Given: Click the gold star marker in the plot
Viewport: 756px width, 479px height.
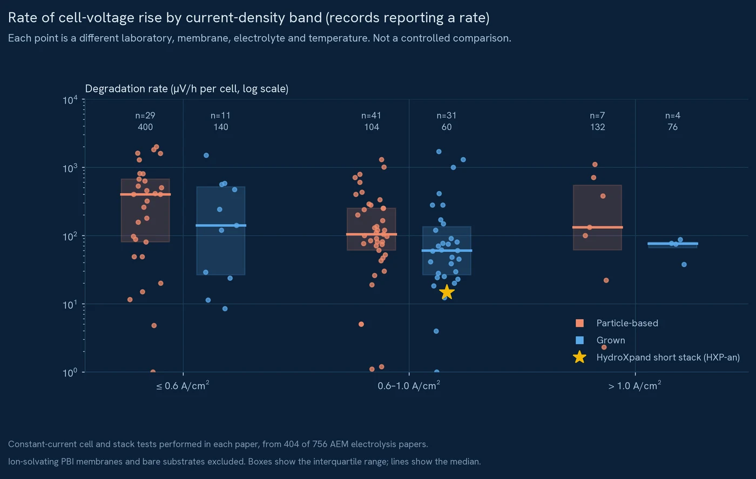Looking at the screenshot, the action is pos(447,292).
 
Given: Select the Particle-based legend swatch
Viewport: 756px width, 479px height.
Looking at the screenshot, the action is pos(579,323).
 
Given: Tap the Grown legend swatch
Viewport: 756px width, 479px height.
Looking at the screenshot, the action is pos(579,340).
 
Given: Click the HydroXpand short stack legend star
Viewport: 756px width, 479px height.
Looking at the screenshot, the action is pos(579,357).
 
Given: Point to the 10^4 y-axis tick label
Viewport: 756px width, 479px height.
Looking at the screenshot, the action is pos(70,100).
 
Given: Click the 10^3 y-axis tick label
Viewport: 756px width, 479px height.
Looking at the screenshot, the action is pos(70,168).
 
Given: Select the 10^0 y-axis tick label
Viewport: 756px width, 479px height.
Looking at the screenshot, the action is pos(70,373).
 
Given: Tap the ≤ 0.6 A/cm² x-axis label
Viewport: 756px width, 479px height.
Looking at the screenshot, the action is pos(183,386).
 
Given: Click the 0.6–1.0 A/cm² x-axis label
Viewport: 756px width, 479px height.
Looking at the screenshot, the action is pos(409,386).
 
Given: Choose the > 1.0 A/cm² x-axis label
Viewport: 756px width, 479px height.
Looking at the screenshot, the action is pos(634,386).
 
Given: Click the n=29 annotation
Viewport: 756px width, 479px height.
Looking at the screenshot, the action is pos(145,116).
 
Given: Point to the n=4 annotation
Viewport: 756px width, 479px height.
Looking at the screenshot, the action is pos(673,116).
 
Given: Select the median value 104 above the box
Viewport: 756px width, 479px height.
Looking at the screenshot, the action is pos(372,127).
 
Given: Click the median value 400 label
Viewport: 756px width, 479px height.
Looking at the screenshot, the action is pos(145,127).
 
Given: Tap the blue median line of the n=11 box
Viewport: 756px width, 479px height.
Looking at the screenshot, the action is pos(221,226).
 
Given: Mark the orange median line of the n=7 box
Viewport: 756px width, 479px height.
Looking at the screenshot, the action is pos(597,227).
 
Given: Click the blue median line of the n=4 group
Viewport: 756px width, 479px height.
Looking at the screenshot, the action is pos(673,244).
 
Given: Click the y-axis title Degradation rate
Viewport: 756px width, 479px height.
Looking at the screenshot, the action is pos(187,89).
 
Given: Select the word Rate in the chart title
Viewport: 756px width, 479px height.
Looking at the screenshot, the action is pos(23,18).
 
